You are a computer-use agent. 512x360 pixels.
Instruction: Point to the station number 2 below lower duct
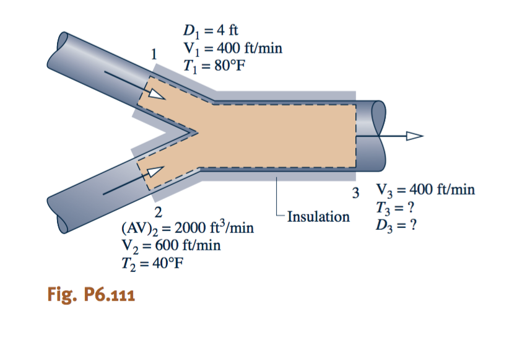(158, 213)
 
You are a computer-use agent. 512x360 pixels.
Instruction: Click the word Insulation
(318, 217)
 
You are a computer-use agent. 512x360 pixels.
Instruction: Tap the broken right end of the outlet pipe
(376, 134)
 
